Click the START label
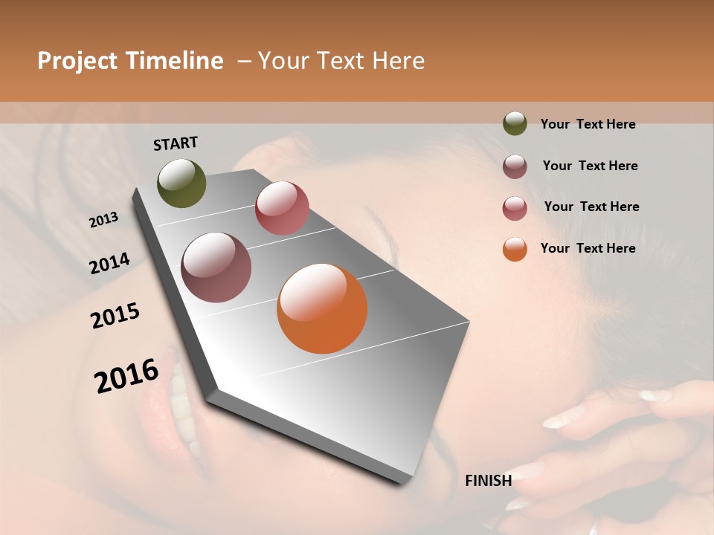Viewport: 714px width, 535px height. point(176,143)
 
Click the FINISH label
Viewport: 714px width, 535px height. point(488,481)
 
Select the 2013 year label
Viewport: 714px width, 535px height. point(103,220)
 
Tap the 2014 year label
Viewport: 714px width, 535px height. point(109,263)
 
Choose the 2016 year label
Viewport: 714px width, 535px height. point(126,376)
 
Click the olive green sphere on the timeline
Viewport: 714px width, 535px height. point(181,183)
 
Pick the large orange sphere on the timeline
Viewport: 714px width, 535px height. point(322,308)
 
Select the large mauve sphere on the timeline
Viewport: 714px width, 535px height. point(216,267)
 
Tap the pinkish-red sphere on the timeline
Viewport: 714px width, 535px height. point(282,208)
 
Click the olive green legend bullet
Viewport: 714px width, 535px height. point(515,123)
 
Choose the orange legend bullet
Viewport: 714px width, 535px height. point(515,249)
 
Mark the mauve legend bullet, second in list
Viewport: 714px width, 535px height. point(515,166)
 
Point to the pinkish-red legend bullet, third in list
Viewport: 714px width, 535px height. point(515,208)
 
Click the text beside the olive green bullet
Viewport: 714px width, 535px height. point(588,124)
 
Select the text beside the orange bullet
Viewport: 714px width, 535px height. point(588,248)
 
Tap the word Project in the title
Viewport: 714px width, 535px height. point(77,62)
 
